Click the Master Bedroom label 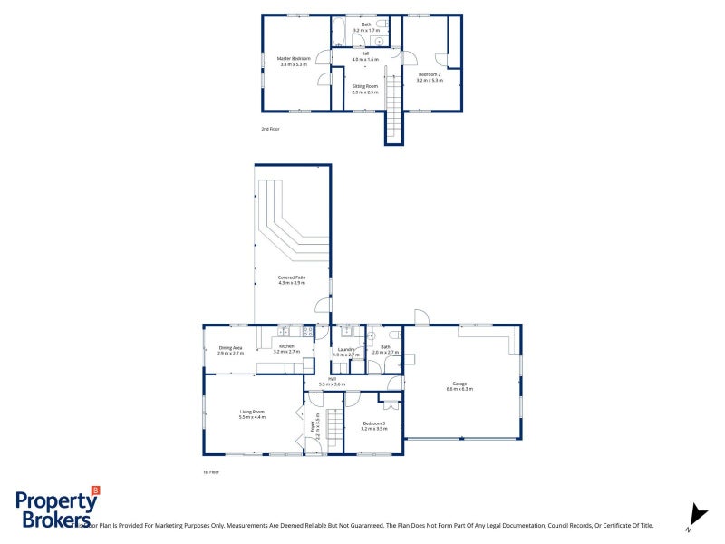point(293,58)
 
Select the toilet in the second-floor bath point(382,24)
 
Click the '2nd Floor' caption point(270,129)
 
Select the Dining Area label point(231,347)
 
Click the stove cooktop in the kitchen point(307,332)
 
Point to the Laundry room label point(345,349)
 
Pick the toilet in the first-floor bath point(372,336)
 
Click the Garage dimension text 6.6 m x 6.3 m point(459,388)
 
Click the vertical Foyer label point(314,427)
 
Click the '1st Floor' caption point(211,472)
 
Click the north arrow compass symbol point(697,514)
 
